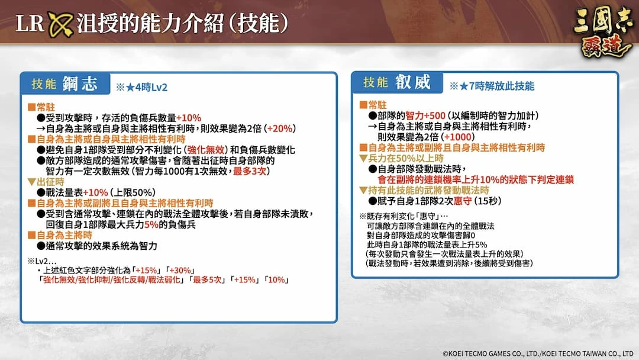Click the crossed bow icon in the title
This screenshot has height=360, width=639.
[60, 24]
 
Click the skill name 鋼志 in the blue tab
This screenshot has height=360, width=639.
[80, 83]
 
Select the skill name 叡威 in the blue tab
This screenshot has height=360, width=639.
[412, 82]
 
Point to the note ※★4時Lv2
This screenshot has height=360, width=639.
[141, 87]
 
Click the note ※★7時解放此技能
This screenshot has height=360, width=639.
[492, 86]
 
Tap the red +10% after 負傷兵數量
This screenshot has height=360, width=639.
[189, 118]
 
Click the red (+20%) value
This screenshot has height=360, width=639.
[279, 128]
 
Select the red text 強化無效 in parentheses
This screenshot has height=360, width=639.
[206, 150]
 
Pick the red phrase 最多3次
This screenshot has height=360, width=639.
[250, 171]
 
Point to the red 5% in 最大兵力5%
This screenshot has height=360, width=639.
[151, 224]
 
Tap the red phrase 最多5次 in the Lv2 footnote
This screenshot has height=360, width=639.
[208, 279]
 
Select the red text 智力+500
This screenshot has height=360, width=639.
[425, 116]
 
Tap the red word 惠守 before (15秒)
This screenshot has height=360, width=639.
[463, 201]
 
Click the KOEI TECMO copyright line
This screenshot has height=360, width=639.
[538, 353]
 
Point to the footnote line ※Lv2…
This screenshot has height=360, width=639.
[42, 261]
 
